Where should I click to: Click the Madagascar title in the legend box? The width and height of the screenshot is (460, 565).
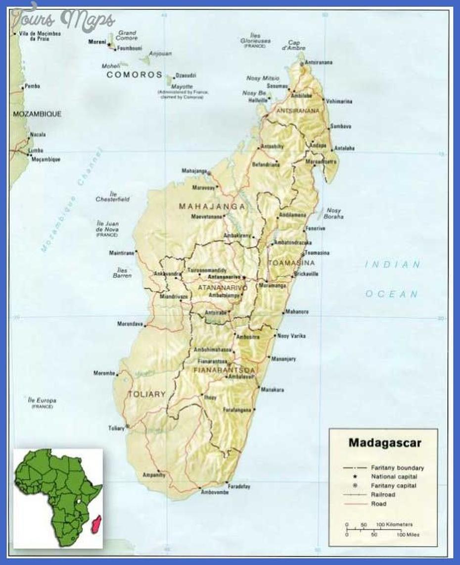[x=384, y=442]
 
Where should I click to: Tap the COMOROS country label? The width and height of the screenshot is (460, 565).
[x=135, y=75]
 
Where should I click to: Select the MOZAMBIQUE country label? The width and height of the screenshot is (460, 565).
[x=37, y=114]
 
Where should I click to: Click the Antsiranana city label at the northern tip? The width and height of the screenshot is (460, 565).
[x=319, y=62]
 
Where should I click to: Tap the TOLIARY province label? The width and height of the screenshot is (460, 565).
[x=146, y=395]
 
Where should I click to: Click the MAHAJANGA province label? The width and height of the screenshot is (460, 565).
[x=212, y=206]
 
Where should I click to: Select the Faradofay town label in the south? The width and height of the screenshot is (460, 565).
[x=239, y=486]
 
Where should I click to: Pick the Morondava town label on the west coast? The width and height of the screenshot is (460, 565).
[x=130, y=324]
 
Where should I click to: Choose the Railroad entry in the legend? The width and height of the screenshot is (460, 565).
[x=382, y=495]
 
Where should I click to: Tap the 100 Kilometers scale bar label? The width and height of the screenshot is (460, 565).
[x=394, y=524]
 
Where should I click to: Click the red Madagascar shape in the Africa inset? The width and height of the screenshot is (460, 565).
[x=97, y=522]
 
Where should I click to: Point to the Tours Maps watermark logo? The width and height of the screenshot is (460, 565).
[x=63, y=20]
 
